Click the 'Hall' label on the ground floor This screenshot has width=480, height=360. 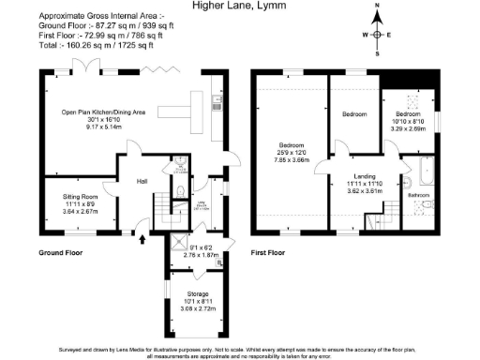click(142, 181)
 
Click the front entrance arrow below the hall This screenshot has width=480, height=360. click(142, 240)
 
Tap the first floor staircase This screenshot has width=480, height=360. click(374, 222)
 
